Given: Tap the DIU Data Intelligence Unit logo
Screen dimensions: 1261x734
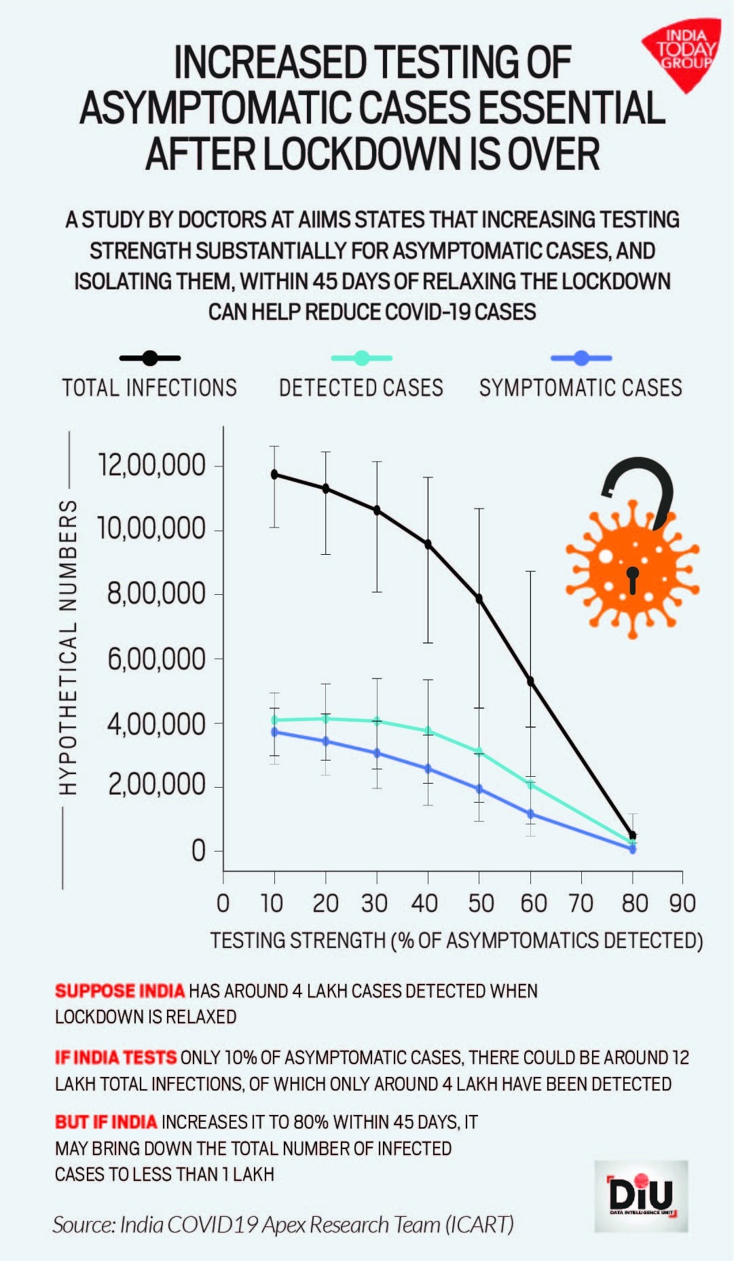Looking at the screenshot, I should click(641, 1196).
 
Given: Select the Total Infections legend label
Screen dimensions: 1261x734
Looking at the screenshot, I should click(149, 388).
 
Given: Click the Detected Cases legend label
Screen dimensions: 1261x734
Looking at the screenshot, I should click(361, 388).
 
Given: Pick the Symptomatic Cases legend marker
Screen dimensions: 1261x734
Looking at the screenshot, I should click(581, 358).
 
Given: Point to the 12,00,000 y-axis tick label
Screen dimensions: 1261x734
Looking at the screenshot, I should click(151, 465).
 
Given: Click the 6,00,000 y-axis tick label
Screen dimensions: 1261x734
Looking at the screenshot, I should click(156, 659).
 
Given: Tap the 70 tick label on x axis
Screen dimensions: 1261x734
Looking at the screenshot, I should click(581, 904).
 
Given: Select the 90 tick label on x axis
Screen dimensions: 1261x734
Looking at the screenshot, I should click(682, 904).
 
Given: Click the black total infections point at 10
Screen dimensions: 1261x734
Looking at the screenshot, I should click(274, 474).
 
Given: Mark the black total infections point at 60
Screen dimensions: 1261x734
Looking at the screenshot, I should click(530, 681).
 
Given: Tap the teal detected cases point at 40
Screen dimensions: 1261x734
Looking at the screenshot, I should click(428, 731).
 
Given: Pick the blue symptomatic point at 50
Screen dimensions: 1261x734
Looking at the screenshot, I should click(479, 789).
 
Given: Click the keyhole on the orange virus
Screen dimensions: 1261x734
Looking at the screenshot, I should click(633, 578).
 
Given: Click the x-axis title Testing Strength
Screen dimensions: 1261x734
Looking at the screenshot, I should click(456, 940).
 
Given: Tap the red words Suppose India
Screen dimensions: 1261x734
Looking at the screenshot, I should click(120, 991).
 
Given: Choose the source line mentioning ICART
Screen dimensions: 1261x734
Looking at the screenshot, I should click(283, 1224).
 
